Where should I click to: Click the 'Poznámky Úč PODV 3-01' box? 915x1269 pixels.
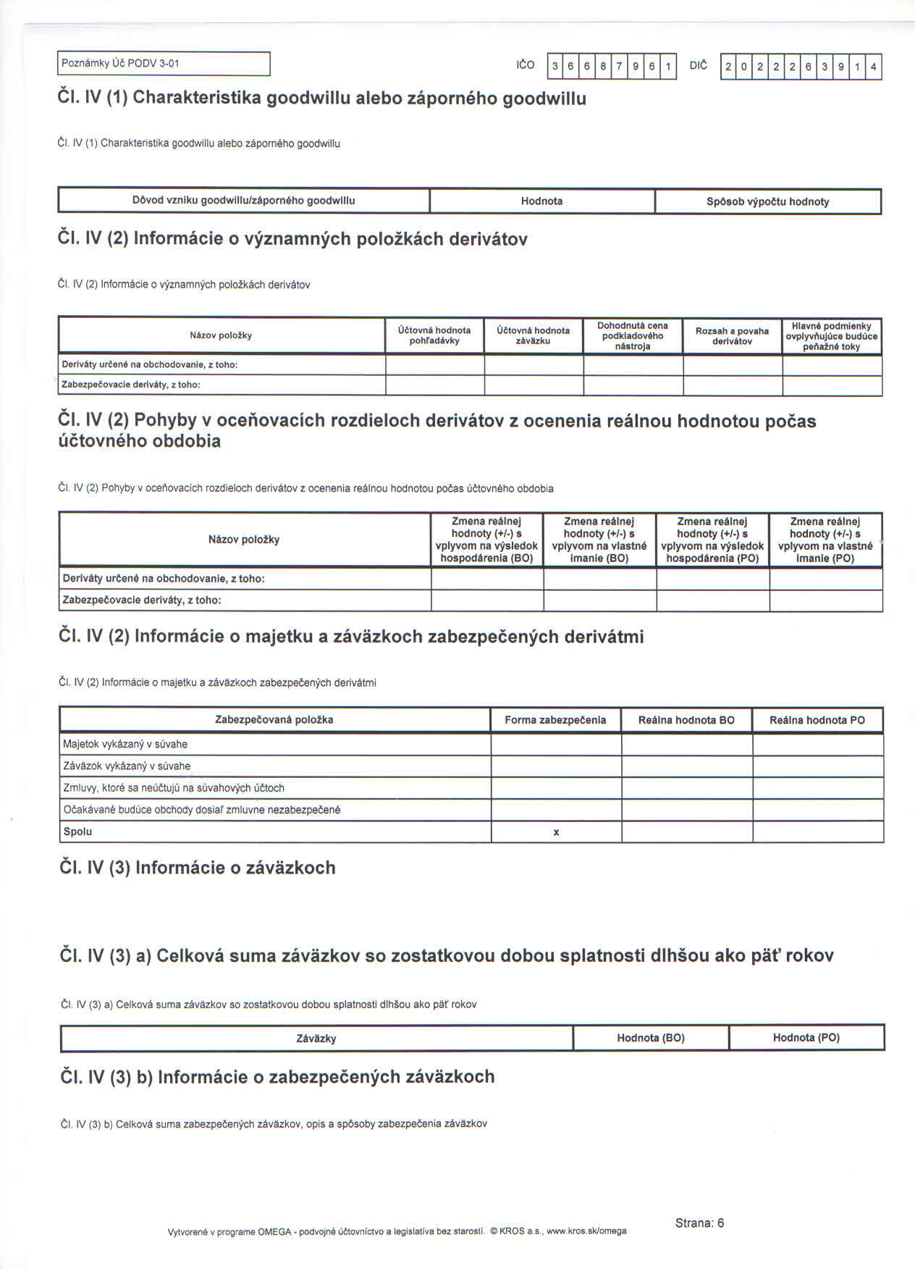(164, 64)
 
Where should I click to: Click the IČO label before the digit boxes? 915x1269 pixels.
(526, 65)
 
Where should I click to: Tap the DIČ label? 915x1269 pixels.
(699, 65)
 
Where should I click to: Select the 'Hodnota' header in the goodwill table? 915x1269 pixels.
(541, 201)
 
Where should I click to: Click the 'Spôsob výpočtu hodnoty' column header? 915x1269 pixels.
(767, 201)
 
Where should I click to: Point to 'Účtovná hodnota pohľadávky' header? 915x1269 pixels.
(434, 335)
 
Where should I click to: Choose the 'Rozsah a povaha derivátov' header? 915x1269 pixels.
(732, 335)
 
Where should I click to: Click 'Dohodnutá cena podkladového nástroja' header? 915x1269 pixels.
(633, 335)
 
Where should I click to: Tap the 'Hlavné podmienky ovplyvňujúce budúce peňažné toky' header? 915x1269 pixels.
(831, 336)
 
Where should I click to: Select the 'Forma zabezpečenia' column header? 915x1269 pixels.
(555, 720)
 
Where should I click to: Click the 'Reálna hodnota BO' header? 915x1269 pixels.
(686, 720)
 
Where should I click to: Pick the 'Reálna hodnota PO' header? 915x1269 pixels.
(817, 720)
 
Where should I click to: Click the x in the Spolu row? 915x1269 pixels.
(556, 832)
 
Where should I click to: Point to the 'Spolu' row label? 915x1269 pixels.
(78, 832)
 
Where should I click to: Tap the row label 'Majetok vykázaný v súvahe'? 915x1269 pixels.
(125, 744)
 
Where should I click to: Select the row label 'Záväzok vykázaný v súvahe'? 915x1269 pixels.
(127, 766)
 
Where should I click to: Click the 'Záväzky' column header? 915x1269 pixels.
(316, 1038)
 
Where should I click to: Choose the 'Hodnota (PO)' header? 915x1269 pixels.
(806, 1037)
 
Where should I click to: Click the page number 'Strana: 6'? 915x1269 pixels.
(699, 1223)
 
